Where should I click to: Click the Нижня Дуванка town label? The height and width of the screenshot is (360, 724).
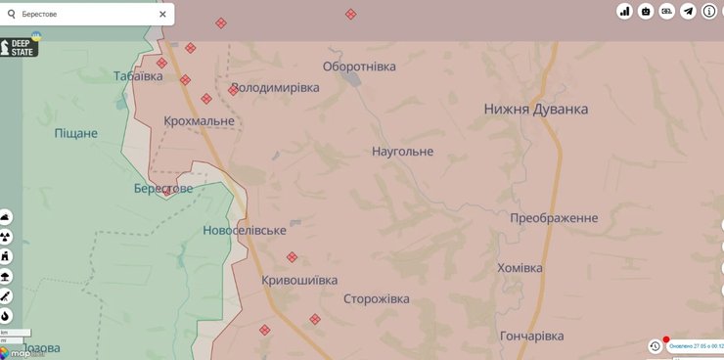tap(535, 110)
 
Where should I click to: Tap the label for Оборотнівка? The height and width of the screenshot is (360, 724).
tap(359, 67)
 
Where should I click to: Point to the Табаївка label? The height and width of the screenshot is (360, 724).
tap(138, 76)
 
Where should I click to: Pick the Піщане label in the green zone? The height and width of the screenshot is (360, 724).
tap(76, 132)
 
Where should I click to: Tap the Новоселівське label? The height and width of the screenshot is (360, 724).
tap(245, 230)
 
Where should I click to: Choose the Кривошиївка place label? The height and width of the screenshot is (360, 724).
tap(299, 281)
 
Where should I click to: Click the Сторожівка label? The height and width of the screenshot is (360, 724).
tap(377, 299)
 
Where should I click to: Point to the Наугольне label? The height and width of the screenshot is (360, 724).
tap(402, 152)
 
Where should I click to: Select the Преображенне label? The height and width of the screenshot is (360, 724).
tap(554, 218)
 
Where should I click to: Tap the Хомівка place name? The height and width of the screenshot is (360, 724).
tap(533, 268)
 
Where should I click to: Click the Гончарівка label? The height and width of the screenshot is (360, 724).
tap(531, 336)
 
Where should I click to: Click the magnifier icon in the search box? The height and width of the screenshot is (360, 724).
tap(13, 14)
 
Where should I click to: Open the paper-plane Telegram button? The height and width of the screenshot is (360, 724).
tap(688, 12)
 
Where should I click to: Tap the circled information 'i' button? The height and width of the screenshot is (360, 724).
tap(710, 12)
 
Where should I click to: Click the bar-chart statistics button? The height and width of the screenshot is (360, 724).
tap(624, 12)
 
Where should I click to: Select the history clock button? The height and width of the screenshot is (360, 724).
tap(655, 346)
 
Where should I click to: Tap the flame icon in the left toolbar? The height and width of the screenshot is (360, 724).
tap(6, 315)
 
